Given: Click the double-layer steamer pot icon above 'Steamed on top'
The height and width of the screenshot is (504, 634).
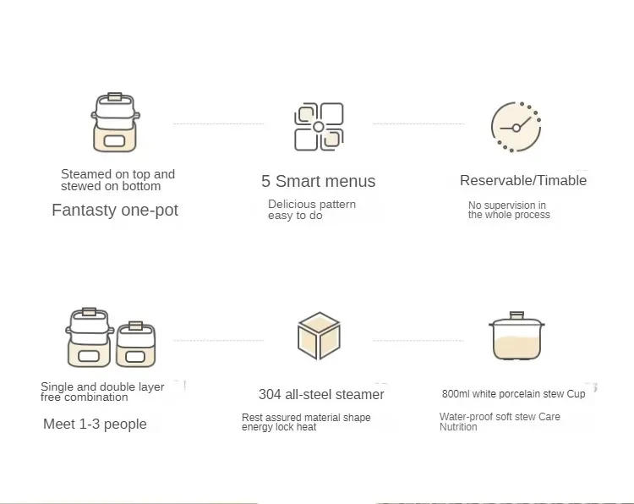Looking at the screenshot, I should point(115,123).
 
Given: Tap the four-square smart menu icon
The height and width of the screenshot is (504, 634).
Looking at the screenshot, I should point(319,127).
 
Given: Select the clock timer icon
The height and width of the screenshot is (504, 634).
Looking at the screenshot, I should point(516,127).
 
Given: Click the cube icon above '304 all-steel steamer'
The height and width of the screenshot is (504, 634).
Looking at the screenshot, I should point(319,336).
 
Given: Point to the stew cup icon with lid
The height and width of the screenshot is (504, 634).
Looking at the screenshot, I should point(516,337).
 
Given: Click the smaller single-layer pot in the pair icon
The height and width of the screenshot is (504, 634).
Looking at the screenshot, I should point(134,345).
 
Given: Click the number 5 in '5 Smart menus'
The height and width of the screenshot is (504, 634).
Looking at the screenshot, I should point(266,181).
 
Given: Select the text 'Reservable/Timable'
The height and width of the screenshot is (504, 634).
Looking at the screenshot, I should point(523,180).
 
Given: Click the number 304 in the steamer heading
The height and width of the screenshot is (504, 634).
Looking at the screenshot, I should point(270,394).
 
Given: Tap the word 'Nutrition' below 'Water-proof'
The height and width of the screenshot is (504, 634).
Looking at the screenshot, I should point(458,427).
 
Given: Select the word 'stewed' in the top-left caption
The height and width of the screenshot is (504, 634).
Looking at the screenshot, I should point(79,186).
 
